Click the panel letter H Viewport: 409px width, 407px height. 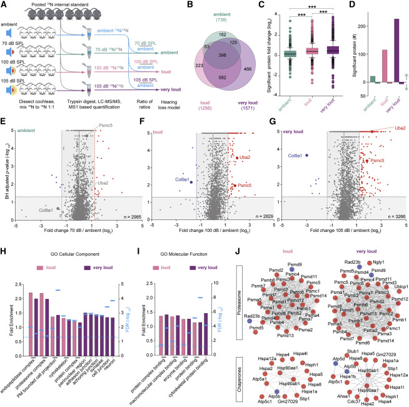pos(4,236)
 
